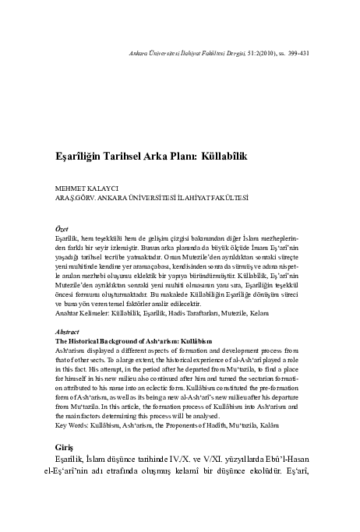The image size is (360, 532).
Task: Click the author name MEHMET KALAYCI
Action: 76,188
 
